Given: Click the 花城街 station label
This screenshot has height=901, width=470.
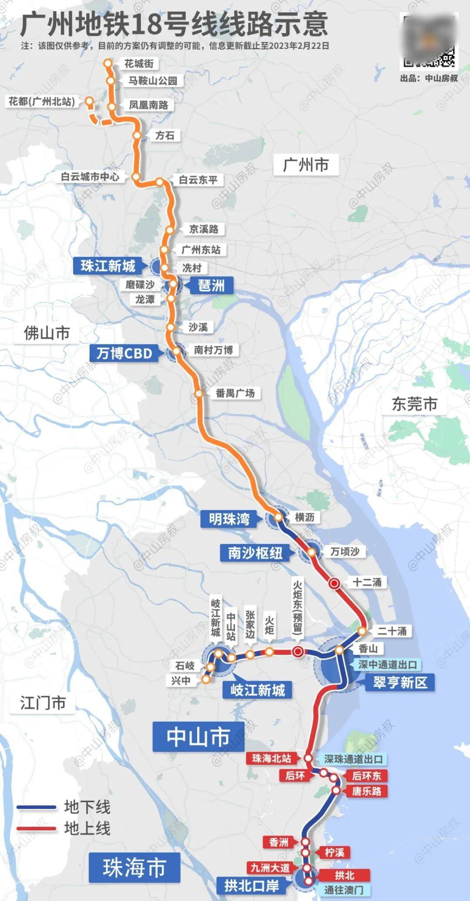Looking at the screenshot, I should pos(139,64).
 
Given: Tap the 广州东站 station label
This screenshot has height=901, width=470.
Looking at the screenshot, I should pos(201,250).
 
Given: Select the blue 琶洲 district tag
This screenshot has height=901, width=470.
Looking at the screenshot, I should pos(211,286).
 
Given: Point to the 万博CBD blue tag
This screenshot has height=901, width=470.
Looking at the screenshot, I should pos(124,353).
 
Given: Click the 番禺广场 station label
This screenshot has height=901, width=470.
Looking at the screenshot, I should pos(235,393).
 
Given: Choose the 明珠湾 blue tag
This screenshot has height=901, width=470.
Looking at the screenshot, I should pos(229,519).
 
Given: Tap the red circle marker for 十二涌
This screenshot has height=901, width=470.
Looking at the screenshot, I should pos(335,583).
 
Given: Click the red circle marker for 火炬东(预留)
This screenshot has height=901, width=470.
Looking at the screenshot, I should pos(298,651).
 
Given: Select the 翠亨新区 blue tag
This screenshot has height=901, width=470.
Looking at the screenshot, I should pos(400,682).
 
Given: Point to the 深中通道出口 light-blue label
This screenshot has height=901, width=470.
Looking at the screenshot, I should pos(388,665).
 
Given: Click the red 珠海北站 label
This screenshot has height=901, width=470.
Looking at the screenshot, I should pos(271,758).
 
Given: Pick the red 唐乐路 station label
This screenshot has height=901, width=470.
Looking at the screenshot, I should pos(366,791).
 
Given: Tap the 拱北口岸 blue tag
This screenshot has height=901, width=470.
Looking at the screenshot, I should pos(252,885).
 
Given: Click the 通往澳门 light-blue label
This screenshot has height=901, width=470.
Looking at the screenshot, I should pos(343,890).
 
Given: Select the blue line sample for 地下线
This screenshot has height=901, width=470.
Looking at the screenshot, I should pos(37,807).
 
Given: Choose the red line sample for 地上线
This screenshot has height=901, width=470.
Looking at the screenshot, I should pos(37,828).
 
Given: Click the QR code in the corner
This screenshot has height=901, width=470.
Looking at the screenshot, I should pos(429,41).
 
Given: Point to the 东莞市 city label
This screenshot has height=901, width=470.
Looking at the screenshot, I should pos(414,404).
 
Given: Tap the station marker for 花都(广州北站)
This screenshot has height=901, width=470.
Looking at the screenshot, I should pos(90,101).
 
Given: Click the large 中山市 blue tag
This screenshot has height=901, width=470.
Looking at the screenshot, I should pos(198,736).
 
